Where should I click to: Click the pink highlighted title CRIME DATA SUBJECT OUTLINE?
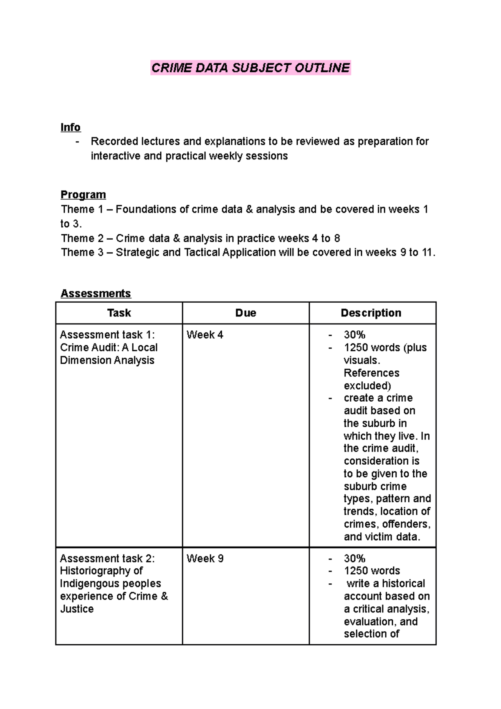pos(250,68)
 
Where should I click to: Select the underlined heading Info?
pos(70,127)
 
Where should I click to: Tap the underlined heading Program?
pos(83,195)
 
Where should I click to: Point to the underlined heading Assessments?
pos(96,294)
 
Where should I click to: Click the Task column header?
pos(119,313)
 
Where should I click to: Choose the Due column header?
pos(245,313)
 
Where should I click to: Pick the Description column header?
pos(371,313)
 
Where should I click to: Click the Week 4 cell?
pos(205,335)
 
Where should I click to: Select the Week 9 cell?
pos(205,559)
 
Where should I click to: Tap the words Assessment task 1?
pos(107,335)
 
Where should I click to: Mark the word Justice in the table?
pos(77,609)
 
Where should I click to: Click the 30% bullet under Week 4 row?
pos(354,335)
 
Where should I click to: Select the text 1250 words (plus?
pos(385,347)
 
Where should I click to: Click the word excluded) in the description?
pos(367,385)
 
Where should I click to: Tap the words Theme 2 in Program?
pos(82,238)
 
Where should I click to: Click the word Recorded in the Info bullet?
pos(114,142)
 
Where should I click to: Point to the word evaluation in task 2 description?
pos(369,622)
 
